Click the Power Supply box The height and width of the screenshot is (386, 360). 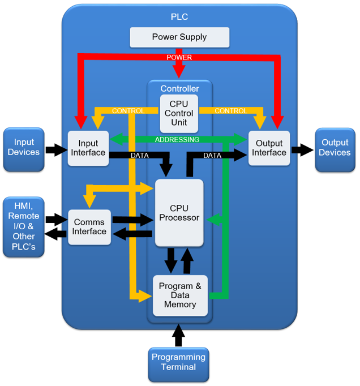pos(179,37)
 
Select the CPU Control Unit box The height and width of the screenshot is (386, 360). pos(179,113)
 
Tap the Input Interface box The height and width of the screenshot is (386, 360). pos(88,148)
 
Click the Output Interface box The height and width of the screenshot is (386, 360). pos(269,148)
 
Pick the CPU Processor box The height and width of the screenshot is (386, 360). pos(179,213)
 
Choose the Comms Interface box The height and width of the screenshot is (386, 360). pos(89,227)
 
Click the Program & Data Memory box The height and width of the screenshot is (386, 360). pos(180,295)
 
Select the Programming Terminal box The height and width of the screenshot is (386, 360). pos(178,362)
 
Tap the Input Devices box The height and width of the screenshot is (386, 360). pos(24,148)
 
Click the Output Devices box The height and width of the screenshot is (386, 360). pos(335,148)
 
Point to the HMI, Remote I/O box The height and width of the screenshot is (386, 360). pos(24,226)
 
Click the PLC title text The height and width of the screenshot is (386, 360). pos(179,17)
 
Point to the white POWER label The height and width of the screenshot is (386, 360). pos(179,58)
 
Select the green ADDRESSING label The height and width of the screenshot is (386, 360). pos(177,139)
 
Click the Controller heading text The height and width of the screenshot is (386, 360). pos(179,89)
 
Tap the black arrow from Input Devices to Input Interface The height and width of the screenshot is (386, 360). pos(55,150)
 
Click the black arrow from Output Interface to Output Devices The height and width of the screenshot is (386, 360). pos(302,150)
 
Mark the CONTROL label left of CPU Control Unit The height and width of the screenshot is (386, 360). pos(128,111)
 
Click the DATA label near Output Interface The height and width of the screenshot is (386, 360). pos(212,155)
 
